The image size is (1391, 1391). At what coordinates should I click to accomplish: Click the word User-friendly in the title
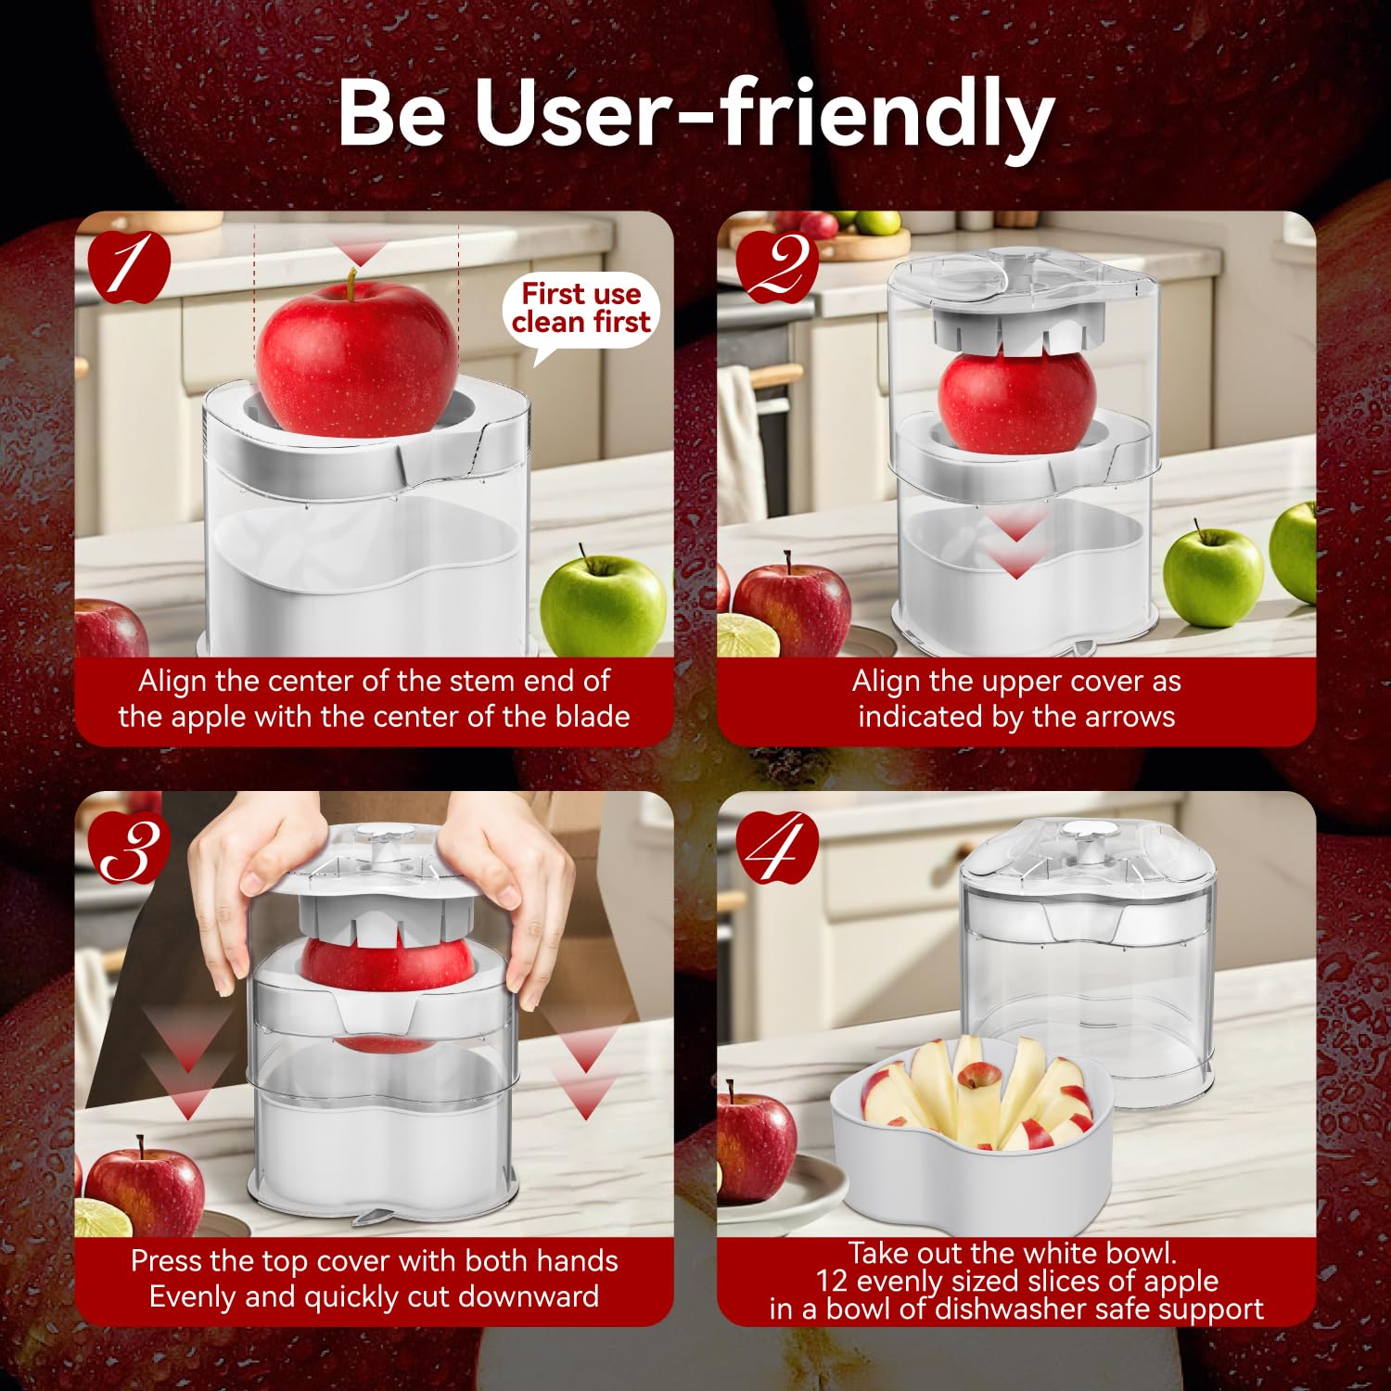pos(764,113)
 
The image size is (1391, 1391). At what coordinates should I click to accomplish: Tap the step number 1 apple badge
pos(129,266)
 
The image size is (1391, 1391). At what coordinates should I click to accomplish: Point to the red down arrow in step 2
pos(1016,547)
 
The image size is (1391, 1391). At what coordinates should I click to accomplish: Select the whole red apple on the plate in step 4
pos(755,1146)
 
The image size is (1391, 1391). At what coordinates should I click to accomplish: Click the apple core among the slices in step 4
pos(979,1076)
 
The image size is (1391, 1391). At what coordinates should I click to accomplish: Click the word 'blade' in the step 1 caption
pos(592,716)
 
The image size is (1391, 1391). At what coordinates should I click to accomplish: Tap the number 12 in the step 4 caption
pos(832,1281)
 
